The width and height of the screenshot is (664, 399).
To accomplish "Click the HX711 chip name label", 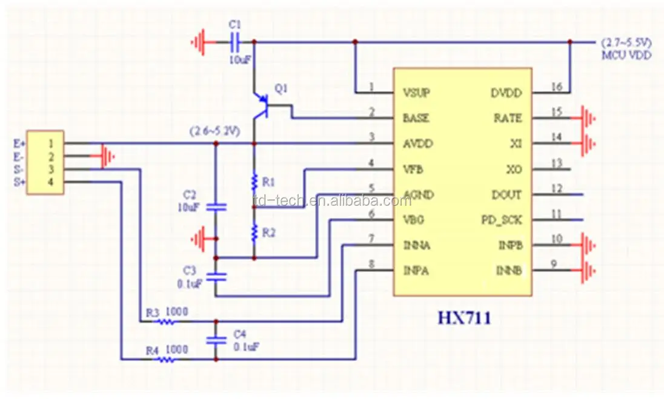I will [464, 317].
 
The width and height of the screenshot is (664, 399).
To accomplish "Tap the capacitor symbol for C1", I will [236, 42].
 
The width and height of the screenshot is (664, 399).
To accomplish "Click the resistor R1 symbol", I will [254, 182].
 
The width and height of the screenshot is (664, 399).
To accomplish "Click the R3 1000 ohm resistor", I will [167, 322].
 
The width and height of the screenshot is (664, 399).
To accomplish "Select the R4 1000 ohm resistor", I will [167, 359].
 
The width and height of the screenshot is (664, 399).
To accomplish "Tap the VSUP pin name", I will [417, 93].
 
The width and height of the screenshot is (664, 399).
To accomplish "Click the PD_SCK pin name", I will [501, 220].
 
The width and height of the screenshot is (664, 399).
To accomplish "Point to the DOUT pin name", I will [506, 194].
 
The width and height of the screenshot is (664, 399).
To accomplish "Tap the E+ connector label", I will [19, 143].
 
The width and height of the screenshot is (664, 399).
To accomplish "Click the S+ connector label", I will [19, 182].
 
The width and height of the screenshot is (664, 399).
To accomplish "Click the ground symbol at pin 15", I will [588, 118].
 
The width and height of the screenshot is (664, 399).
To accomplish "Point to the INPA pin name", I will [416, 271].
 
